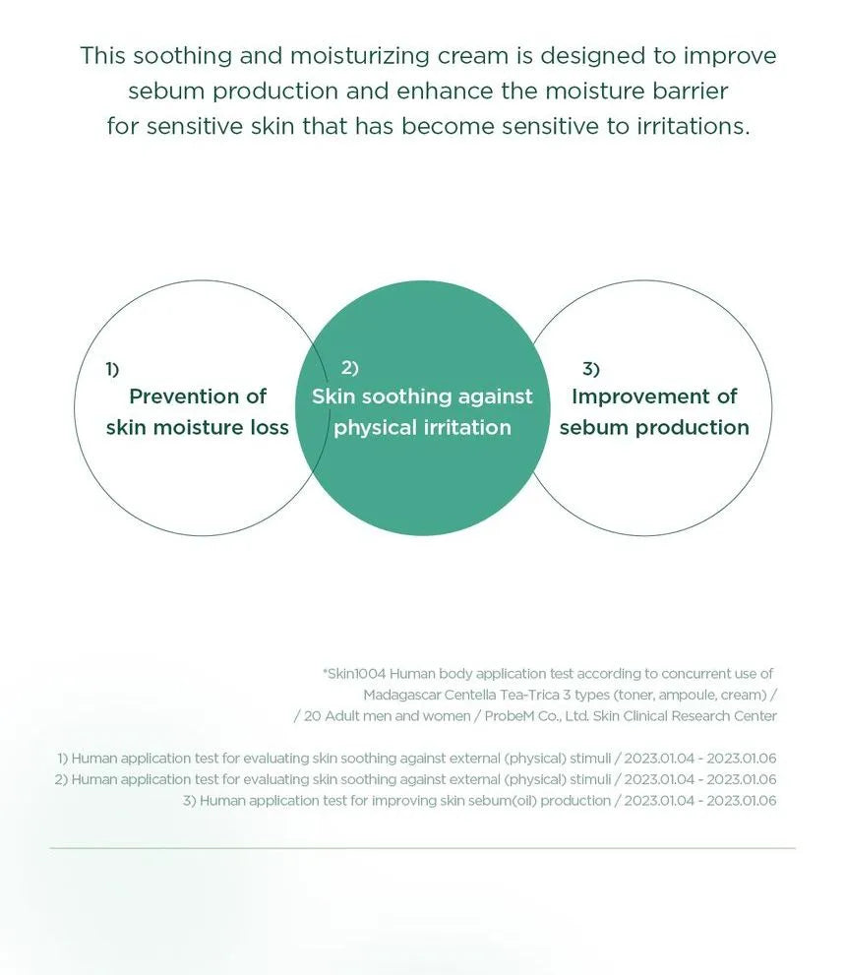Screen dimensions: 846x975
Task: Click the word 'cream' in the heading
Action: pyautogui.click(x=472, y=56)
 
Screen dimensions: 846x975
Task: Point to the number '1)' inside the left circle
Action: pyautogui.click(x=112, y=369)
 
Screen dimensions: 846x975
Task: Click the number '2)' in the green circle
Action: pyautogui.click(x=350, y=368)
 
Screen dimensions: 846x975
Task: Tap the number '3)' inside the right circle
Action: pyautogui.click(x=591, y=369)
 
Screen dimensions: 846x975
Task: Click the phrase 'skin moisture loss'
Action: pyautogui.click(x=197, y=427)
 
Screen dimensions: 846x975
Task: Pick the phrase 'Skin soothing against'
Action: pyautogui.click(x=422, y=396)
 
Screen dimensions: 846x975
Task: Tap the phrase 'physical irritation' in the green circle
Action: pyautogui.click(x=422, y=428)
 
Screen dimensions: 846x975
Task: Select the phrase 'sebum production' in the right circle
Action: pyautogui.click(x=654, y=427)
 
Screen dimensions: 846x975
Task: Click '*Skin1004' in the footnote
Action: pyautogui.click(x=354, y=673)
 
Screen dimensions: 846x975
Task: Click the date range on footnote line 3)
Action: pyautogui.click(x=700, y=800)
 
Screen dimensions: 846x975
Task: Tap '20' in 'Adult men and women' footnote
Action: pyautogui.click(x=312, y=715)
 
